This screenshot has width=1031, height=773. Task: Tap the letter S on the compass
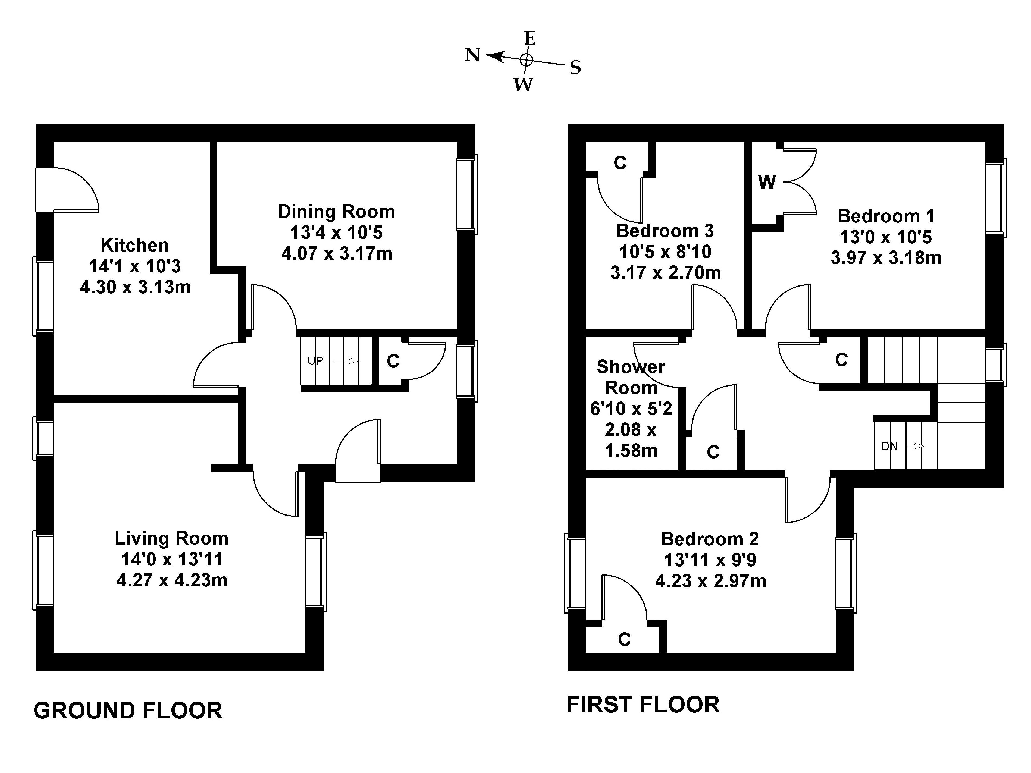[575, 68]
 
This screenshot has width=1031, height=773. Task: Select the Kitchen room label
[135, 245]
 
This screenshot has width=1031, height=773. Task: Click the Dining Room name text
[337, 212]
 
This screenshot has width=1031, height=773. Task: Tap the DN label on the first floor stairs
[889, 446]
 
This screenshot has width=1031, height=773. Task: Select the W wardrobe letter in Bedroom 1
[767, 183]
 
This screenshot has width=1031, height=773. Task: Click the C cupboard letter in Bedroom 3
[620, 163]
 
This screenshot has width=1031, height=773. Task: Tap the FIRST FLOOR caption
[643, 705]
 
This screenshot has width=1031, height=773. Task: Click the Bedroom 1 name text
[886, 216]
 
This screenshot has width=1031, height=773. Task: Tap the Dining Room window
[466, 194]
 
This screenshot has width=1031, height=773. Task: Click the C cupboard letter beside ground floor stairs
[393, 361]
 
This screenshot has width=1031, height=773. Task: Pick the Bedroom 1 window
[996, 197]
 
